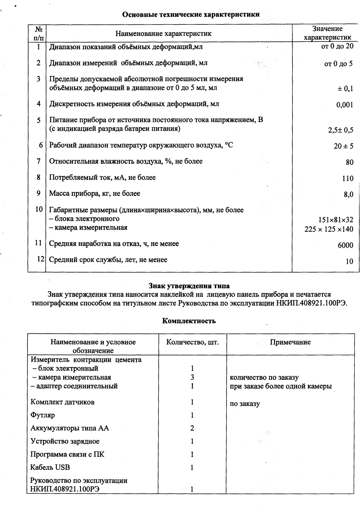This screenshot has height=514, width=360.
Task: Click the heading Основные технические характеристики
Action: pyautogui.click(x=191, y=15)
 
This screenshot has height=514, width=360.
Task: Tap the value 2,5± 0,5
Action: pyautogui.click(x=340, y=130)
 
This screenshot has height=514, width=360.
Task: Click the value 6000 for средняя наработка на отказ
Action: pyautogui.click(x=345, y=245)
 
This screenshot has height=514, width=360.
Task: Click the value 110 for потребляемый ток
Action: pyautogui.click(x=347, y=179)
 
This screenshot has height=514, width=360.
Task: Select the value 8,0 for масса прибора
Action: pyautogui.click(x=348, y=195)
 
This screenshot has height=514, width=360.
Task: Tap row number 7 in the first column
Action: pyautogui.click(x=39, y=161)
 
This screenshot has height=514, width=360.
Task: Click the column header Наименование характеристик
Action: pyautogui.click(x=164, y=34)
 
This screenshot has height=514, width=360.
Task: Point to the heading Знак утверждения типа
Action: pyautogui.click(x=189, y=285)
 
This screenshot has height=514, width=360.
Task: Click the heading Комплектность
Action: pyautogui.click(x=189, y=321)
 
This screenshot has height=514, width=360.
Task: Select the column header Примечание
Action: pyautogui.click(x=290, y=342)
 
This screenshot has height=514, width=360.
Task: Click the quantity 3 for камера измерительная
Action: pyautogui.click(x=192, y=377)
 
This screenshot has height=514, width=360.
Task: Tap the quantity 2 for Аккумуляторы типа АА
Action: pyautogui.click(x=192, y=428)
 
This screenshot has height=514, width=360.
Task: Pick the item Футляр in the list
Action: pyautogui.click(x=43, y=415)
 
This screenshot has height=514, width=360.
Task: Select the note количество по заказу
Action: pyautogui.click(x=264, y=378)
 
